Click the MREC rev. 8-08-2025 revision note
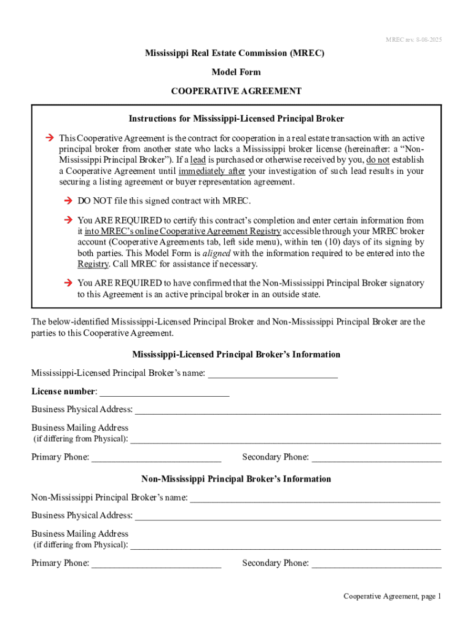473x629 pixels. click(x=413, y=40)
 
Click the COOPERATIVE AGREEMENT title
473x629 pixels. click(x=236, y=91)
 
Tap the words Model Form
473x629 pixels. click(x=236, y=72)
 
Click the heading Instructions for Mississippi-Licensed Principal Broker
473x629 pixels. click(x=236, y=119)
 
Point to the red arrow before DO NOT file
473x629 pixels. click(x=68, y=201)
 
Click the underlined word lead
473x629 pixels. click(x=197, y=160)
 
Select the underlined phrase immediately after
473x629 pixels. click(x=211, y=171)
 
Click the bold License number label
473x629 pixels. click(x=64, y=391)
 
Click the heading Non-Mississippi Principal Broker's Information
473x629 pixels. click(x=236, y=479)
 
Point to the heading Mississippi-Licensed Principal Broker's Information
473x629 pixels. click(x=236, y=354)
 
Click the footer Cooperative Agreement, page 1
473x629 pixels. click(x=392, y=596)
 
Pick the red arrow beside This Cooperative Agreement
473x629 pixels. click(x=50, y=138)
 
